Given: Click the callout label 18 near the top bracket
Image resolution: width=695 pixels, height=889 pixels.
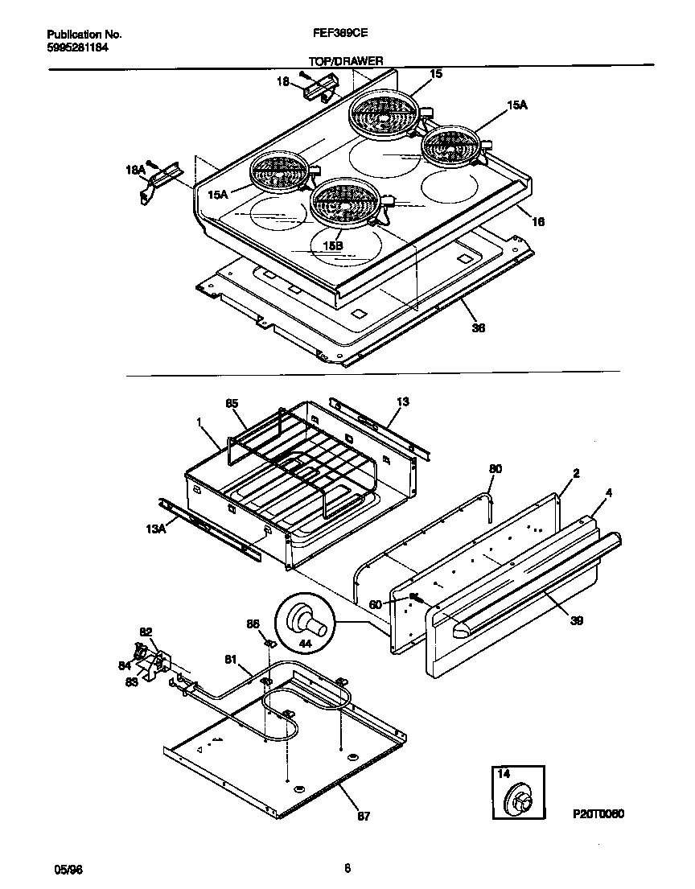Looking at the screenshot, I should click(x=283, y=81).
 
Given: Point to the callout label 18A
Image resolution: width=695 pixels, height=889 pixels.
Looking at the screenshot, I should click(x=134, y=170).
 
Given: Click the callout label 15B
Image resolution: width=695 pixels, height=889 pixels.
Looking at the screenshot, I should click(x=331, y=244).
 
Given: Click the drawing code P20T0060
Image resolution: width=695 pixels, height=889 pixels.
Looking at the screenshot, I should click(x=599, y=813).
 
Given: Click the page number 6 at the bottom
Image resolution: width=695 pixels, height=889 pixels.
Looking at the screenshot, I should click(x=347, y=868).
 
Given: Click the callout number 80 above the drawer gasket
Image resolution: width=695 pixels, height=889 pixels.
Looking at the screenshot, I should click(x=496, y=467).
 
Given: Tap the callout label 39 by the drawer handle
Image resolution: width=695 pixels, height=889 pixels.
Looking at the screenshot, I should click(x=578, y=620).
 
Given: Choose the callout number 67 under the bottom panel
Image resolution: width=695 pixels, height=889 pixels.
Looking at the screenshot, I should click(x=364, y=816).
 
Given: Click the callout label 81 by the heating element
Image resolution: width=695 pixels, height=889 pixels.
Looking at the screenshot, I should click(x=231, y=661).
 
